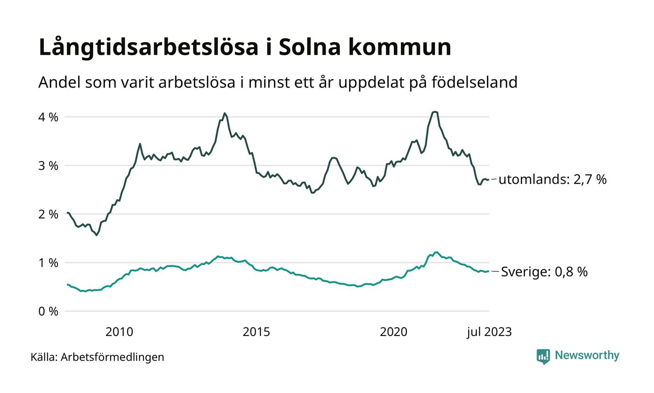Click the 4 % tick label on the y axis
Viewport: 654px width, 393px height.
click(48, 117)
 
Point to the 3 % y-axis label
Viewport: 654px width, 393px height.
click(48, 166)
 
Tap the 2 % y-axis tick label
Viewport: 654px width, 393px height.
click(48, 214)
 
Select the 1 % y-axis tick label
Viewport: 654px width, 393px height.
click(48, 263)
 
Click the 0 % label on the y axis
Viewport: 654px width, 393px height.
click(48, 311)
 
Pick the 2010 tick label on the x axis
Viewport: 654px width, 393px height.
click(119, 332)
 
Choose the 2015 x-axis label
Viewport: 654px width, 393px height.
click(256, 332)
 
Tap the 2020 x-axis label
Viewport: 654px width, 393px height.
click(393, 332)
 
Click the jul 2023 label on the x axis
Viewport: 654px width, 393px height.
click(489, 332)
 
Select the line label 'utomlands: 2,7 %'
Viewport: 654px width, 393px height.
click(552, 179)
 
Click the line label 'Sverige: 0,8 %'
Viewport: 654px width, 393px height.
click(544, 272)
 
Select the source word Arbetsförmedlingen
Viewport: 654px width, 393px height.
click(112, 357)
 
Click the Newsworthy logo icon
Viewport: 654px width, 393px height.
click(543, 356)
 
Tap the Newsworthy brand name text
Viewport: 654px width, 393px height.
click(587, 356)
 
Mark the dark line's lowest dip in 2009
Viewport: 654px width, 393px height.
click(97, 235)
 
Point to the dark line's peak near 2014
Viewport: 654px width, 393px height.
click(224, 113)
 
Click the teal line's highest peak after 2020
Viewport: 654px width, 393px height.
click(436, 252)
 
